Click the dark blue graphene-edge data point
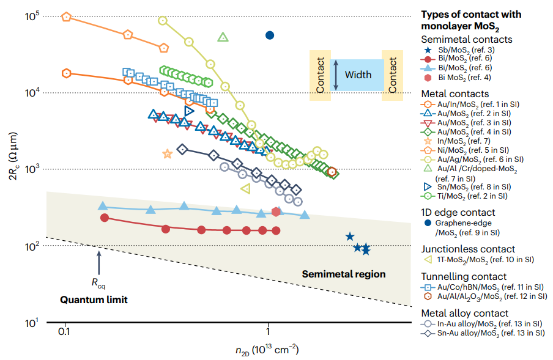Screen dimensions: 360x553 point(270,35)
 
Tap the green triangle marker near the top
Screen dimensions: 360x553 point(223,37)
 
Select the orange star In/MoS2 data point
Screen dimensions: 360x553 point(168,154)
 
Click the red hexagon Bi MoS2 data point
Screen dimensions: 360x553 point(276,211)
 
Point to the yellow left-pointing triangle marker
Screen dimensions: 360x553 point(245,189)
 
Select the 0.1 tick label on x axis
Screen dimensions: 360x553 point(64,331)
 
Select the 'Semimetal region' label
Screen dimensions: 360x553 point(344,274)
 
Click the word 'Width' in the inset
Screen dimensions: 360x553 point(358,75)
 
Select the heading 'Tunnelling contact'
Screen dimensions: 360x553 point(464,276)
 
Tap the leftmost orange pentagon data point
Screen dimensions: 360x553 point(67,17)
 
